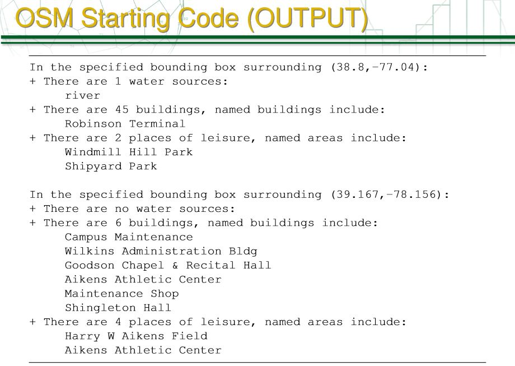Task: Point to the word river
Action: tap(82, 96)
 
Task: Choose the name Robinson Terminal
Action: tap(125, 124)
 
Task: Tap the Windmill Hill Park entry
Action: tap(128, 152)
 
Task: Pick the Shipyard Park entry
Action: tap(111, 166)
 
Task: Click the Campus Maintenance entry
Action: tap(128, 237)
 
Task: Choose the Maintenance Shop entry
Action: tap(121, 294)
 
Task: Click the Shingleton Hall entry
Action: tap(118, 308)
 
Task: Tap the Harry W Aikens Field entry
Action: tap(135, 336)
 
